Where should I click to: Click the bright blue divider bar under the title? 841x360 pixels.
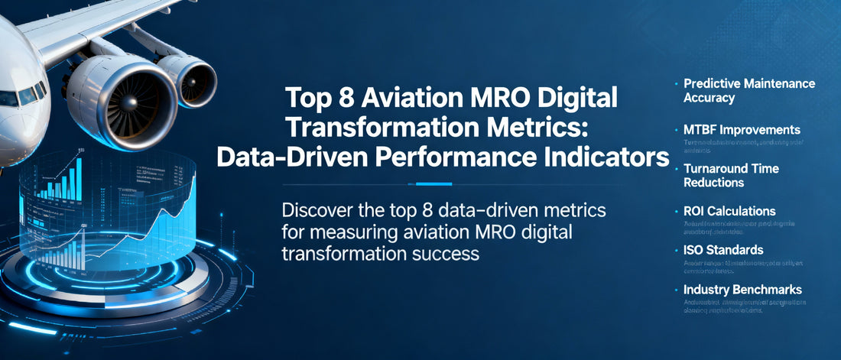[433, 183]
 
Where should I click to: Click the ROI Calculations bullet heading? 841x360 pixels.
[729, 211]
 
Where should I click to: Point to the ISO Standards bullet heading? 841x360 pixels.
[723, 250]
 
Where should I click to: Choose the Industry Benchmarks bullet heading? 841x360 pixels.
[742, 290]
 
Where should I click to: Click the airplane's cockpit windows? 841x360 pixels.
[23, 96]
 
